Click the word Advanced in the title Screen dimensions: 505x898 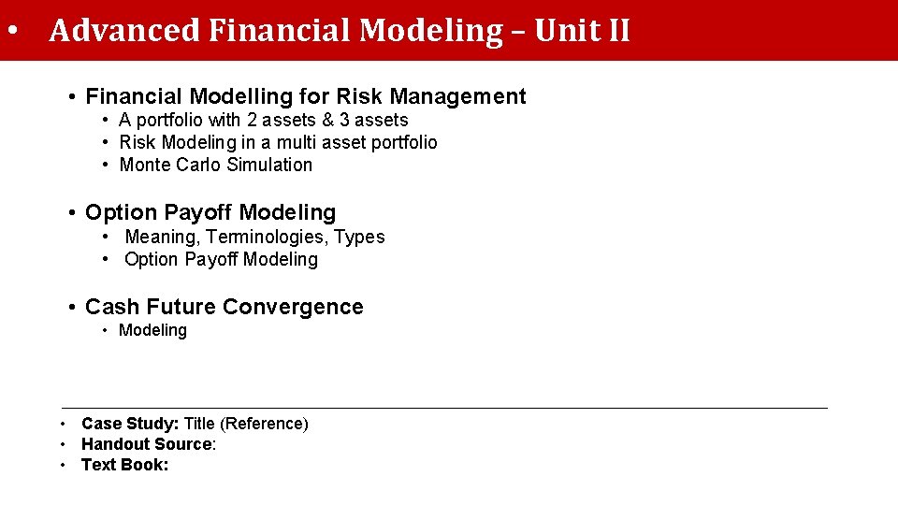123,31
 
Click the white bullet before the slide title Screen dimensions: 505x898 11,31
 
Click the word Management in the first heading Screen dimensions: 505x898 457,96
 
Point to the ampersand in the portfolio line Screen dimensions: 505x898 326,120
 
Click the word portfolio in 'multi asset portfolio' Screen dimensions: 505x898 404,142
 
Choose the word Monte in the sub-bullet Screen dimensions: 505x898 145,165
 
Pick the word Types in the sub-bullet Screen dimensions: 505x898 359,237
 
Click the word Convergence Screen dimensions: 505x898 293,307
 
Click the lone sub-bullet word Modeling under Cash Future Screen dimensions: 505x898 152,330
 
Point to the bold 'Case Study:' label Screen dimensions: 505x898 130,424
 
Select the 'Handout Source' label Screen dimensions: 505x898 147,444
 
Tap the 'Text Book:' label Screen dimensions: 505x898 125,465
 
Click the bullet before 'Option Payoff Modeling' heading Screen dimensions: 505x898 72,213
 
